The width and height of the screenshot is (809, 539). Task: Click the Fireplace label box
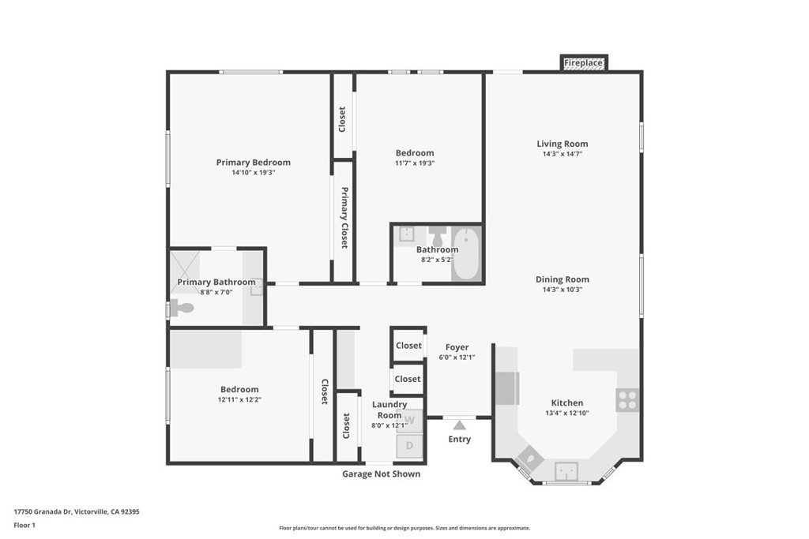[584, 63]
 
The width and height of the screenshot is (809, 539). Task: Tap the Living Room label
[563, 144]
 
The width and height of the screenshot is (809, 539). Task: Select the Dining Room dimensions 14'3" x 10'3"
[563, 290]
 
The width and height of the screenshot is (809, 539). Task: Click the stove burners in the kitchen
[627, 400]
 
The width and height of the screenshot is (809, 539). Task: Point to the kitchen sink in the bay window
[566, 470]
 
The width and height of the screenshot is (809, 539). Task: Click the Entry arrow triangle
[459, 425]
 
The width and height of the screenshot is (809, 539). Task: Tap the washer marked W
[410, 421]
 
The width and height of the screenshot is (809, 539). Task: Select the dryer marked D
[410, 446]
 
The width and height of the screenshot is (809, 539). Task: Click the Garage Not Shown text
[382, 474]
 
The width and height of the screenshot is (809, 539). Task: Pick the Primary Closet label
[344, 218]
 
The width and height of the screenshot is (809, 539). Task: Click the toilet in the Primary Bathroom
[182, 308]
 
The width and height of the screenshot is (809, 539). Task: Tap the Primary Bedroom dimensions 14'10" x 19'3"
[254, 173]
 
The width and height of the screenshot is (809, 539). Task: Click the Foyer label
[457, 347]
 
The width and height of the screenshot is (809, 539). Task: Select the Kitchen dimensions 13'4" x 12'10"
[567, 413]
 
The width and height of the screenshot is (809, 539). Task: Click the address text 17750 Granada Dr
[43, 511]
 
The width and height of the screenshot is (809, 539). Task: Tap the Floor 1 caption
[24, 526]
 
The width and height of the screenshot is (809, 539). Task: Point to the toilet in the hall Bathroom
[438, 237]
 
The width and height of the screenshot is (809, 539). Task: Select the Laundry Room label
[389, 410]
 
